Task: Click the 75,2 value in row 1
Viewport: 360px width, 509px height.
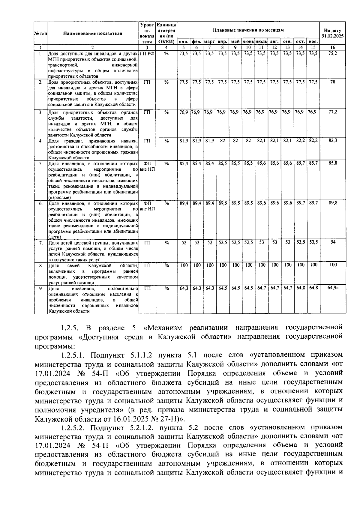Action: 332,53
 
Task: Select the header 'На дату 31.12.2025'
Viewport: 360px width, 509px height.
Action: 332,33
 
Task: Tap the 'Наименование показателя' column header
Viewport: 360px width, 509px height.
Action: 93,33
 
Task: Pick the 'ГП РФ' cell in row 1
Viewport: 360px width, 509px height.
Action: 147,53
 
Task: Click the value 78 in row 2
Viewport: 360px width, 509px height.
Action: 332,82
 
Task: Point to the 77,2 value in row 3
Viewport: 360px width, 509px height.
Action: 332,112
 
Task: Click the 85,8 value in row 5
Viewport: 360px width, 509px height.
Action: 332,163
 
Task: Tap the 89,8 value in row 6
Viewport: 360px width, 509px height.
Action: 332,203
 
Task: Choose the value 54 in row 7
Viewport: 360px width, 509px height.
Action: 332,242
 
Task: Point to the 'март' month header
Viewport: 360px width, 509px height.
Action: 209,41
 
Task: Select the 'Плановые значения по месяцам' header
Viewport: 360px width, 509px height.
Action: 248,30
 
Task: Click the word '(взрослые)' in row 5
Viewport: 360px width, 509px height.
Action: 59,197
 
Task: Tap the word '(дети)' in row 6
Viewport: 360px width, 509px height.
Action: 54,237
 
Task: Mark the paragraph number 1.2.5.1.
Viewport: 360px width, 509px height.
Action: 73,355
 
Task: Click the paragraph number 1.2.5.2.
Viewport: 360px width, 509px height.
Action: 73,427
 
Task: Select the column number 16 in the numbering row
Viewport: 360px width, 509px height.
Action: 332,47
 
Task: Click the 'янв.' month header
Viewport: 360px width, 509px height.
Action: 184,41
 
